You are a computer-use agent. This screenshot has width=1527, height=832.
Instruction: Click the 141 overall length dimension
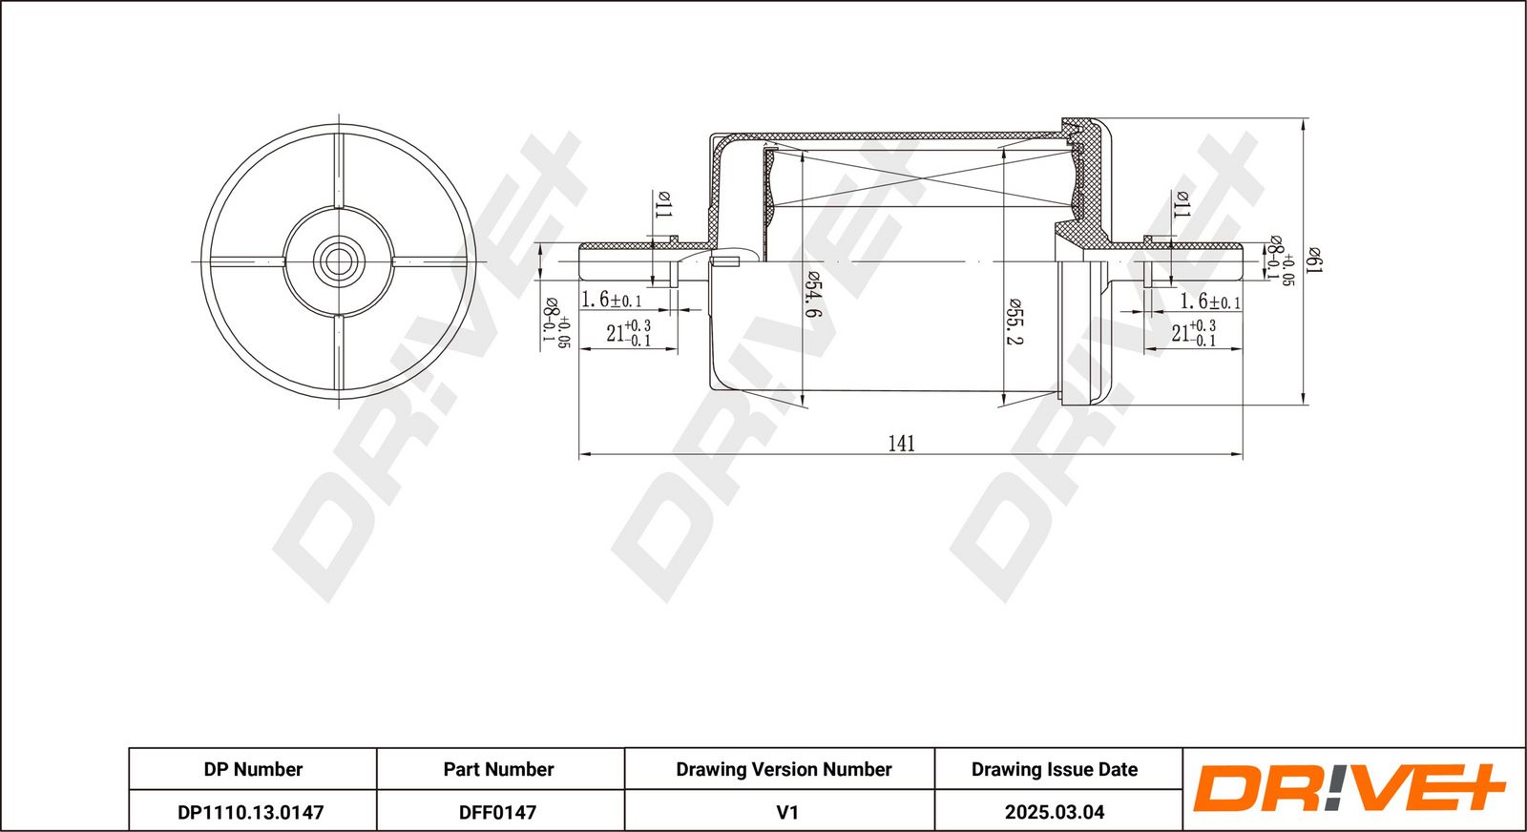(901, 444)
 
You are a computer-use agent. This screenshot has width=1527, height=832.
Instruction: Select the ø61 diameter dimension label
(1313, 260)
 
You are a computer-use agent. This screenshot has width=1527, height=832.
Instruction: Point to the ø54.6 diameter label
(812, 294)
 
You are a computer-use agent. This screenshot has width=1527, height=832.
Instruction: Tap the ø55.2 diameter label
(1014, 321)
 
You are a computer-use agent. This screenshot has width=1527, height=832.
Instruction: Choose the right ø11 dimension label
(1182, 204)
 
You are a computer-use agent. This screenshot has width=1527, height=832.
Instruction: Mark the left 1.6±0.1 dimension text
(611, 300)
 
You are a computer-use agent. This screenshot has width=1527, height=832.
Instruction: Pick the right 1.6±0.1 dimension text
(1211, 302)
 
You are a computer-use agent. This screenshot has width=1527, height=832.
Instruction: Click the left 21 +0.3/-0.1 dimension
(629, 333)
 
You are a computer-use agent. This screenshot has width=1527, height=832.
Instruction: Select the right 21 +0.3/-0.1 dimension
(1194, 333)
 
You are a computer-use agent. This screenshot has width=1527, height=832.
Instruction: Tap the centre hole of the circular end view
(339, 261)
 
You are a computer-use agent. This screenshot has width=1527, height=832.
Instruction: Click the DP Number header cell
(253, 769)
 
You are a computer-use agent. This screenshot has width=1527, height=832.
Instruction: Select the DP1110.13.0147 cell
(251, 812)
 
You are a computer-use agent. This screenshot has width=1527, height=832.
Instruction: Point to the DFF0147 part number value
(497, 812)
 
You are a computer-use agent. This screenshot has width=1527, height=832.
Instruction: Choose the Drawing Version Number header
(784, 769)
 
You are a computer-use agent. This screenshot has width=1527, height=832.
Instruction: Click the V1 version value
(787, 812)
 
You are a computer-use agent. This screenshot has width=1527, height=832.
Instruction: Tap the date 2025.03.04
(1055, 812)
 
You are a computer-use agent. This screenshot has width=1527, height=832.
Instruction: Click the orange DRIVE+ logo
(1349, 789)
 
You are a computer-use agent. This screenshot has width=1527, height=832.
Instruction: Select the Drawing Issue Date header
(1055, 769)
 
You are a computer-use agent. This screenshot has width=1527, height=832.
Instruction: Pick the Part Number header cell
(498, 769)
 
